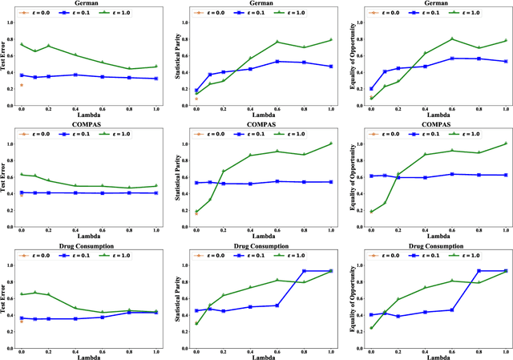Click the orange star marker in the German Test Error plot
(21, 84)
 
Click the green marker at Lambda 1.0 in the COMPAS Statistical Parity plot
(332, 144)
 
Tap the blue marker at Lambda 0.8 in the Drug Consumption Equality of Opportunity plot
(479, 271)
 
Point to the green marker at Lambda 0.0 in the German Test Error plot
(21, 45)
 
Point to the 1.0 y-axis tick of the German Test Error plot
(12, 22)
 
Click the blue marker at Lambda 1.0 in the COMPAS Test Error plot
(156, 193)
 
